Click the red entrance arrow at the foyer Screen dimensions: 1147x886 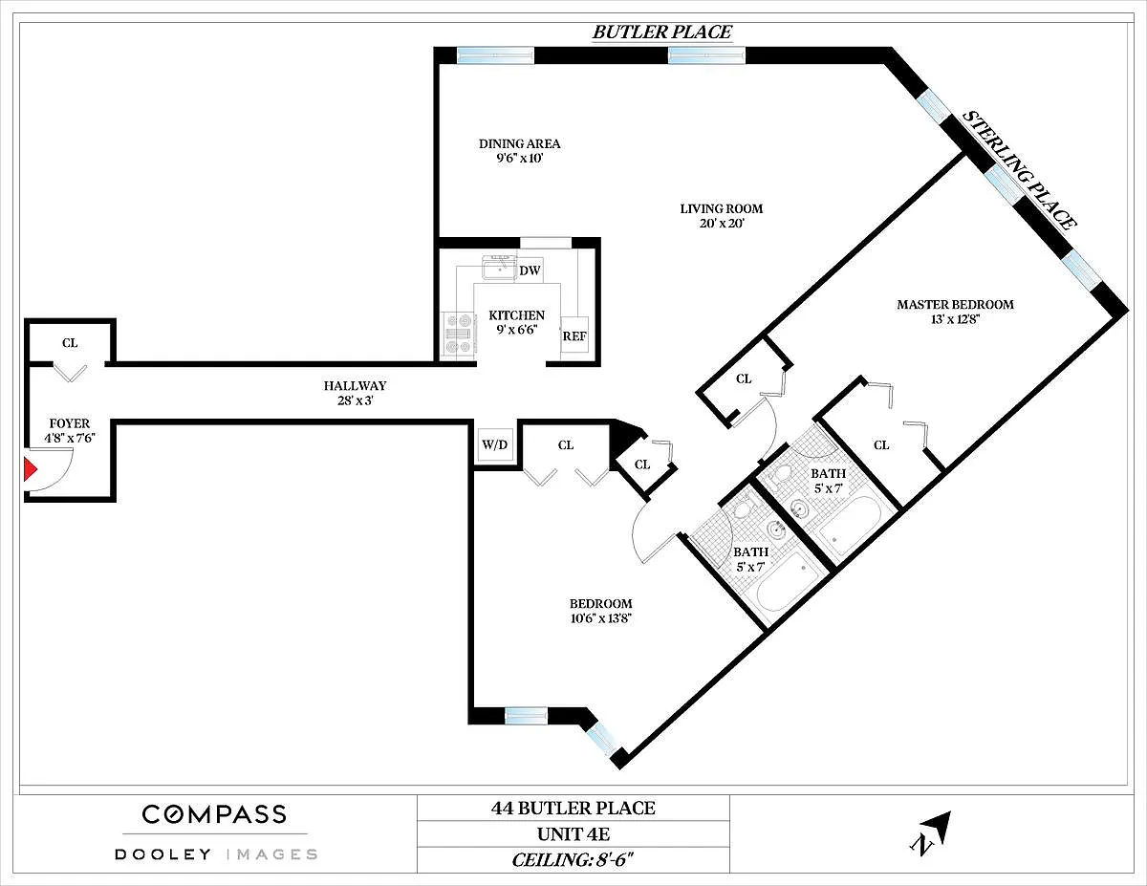(30, 469)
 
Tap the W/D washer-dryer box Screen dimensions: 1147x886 (494, 444)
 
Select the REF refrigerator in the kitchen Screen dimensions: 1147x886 (574, 337)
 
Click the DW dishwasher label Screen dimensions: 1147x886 (530, 270)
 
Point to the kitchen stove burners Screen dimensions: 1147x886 (458, 333)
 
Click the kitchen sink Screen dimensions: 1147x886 (499, 267)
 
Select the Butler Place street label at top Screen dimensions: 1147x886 (662, 32)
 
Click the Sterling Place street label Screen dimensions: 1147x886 (1019, 170)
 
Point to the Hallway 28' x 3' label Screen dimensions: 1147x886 (356, 393)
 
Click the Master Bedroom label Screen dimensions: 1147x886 (956, 305)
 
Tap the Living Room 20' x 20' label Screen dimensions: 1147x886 (722, 216)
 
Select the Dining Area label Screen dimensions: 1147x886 (519, 143)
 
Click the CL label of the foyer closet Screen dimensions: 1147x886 (70, 343)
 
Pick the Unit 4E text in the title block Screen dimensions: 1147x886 (573, 834)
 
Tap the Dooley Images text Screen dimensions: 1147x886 (216, 854)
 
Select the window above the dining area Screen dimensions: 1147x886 (495, 55)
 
